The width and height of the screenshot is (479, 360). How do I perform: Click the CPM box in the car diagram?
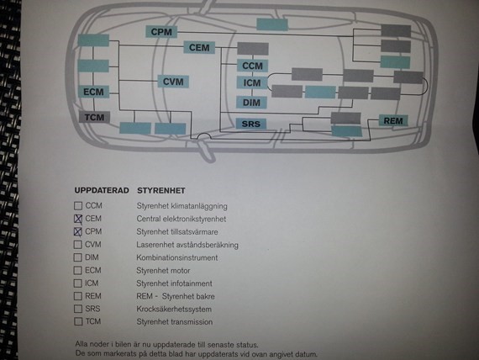pos(161,32)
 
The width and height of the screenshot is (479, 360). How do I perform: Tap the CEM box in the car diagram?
pos(199,48)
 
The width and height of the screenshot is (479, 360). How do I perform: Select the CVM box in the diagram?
pos(173,82)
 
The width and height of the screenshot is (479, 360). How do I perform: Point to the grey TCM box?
pos(94,117)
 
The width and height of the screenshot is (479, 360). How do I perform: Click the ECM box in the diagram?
pos(93,92)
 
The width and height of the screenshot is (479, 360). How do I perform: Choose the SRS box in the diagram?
pos(251,124)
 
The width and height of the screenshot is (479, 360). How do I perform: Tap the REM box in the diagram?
pos(393,121)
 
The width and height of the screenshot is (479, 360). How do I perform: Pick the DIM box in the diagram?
pos(251,103)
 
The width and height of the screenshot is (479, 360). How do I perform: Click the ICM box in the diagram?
pos(252,83)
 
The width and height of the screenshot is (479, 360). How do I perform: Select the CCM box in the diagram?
pos(253,66)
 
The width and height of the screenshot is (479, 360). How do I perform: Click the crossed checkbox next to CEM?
pos(78,219)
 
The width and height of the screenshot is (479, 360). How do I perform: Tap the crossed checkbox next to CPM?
pos(78,232)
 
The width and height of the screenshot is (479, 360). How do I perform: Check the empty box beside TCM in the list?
pos(78,321)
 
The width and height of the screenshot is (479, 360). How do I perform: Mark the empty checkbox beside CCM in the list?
pos(78,205)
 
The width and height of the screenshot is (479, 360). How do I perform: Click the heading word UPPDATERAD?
pos(102,191)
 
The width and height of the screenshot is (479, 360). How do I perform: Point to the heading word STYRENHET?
pos(161,191)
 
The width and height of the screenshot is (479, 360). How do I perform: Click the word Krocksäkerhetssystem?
pos(174,310)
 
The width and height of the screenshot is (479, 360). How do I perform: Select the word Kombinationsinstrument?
pos(177,257)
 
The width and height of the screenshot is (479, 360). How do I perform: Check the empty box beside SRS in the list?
pos(78,309)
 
